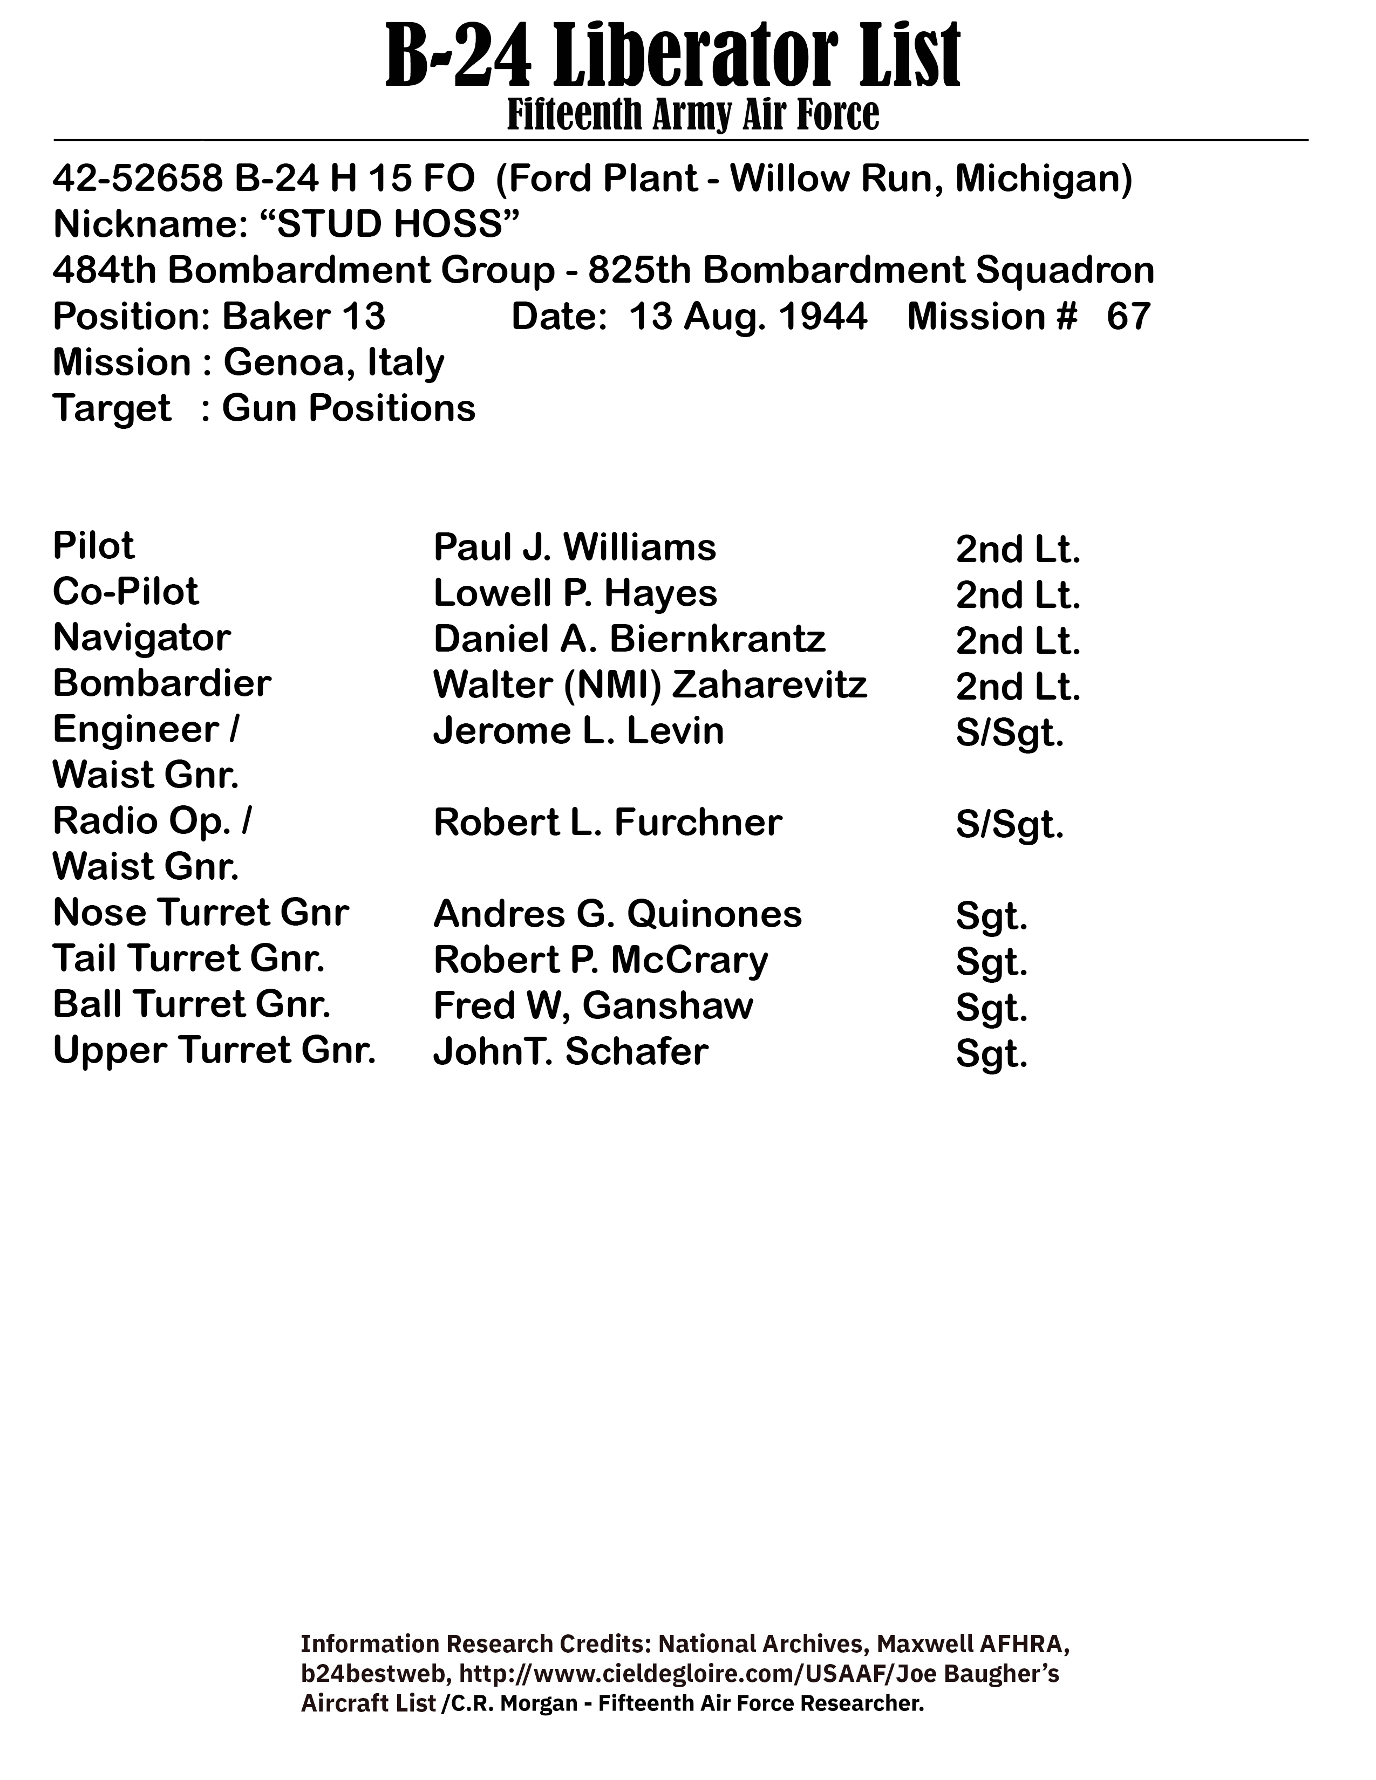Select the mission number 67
click(1128, 316)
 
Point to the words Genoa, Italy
click(334, 362)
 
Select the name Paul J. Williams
click(575, 547)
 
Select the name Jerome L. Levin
click(578, 731)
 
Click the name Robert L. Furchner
click(607, 823)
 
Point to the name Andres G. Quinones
click(617, 914)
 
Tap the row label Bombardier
click(161, 684)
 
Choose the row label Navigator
click(142, 638)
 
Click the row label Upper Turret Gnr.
click(214, 1051)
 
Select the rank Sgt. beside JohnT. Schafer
click(991, 1055)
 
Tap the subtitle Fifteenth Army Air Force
click(693, 114)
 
